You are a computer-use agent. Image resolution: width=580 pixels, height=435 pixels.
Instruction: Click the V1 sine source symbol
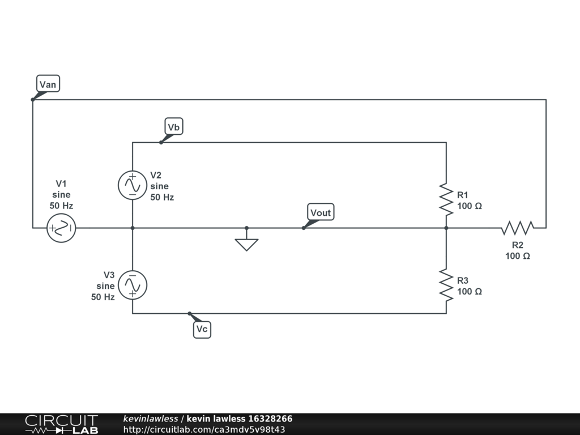[61, 228]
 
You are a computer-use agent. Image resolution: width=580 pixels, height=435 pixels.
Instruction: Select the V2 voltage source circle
[133, 185]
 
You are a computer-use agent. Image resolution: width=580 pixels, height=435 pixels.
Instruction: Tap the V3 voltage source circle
[133, 285]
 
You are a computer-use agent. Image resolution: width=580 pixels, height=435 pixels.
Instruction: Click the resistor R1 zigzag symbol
[446, 199]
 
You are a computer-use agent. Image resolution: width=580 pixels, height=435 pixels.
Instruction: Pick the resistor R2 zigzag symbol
[517, 228]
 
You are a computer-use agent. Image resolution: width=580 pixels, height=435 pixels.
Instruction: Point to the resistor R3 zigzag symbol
[446, 285]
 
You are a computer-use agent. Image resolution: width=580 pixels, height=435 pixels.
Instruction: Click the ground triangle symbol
[246, 244]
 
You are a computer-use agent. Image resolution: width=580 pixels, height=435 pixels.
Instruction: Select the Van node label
[48, 84]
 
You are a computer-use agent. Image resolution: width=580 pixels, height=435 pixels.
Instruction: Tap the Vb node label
[174, 127]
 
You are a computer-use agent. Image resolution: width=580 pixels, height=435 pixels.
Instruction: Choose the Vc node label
[202, 330]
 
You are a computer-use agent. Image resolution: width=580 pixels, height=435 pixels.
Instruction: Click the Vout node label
[321, 212]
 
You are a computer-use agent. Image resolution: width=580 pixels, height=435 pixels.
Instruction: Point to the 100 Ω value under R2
[518, 256]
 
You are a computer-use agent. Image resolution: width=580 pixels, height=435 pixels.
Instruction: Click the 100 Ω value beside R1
[470, 206]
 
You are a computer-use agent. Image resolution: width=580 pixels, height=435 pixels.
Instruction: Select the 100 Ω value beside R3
[470, 292]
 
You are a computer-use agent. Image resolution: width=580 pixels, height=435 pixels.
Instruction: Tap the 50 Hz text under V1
[61, 206]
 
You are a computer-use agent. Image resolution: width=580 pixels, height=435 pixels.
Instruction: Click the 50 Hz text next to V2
[162, 198]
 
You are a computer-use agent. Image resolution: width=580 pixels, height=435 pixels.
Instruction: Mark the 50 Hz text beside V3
[103, 297]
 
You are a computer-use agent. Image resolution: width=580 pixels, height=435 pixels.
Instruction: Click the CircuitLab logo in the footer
[61, 424]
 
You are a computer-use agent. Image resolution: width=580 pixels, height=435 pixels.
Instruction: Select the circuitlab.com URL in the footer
[204, 429]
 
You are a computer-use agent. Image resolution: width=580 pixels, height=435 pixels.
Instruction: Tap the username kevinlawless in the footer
[150, 419]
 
